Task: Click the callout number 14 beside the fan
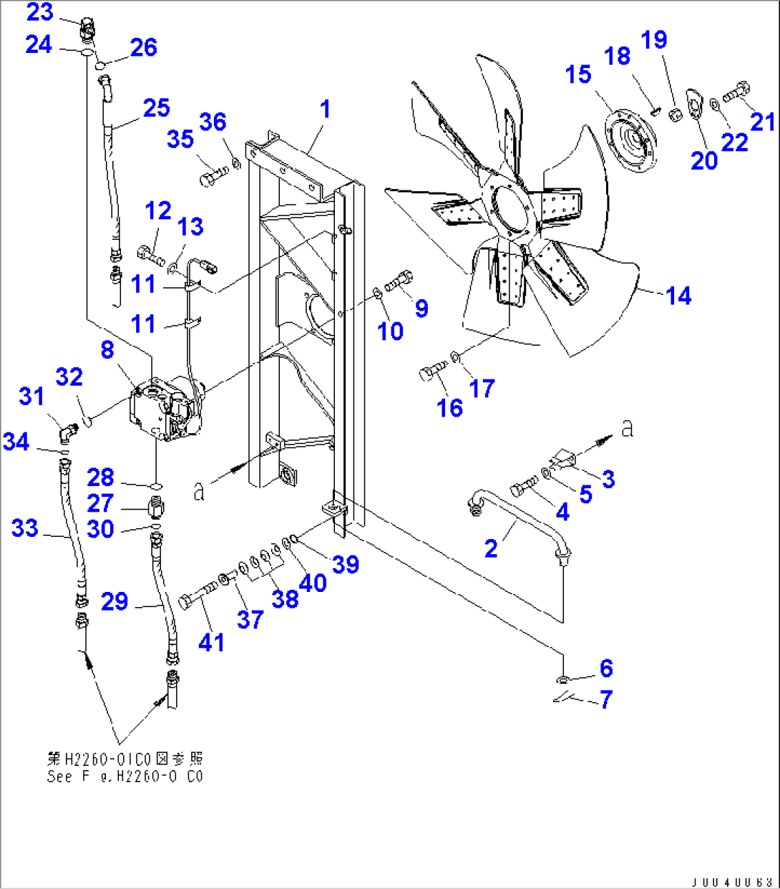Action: pos(678,296)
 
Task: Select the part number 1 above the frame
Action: pos(326,110)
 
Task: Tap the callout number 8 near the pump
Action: pos(107,350)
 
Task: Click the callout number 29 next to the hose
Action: pos(114,601)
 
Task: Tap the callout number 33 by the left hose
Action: pos(24,529)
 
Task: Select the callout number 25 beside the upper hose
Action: pos(156,108)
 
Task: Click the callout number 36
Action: pos(213,122)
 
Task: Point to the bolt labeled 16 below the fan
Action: pos(432,372)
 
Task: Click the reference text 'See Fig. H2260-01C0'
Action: pos(125,777)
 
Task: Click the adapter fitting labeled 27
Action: pos(155,508)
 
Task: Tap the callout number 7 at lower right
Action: pos(606,699)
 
